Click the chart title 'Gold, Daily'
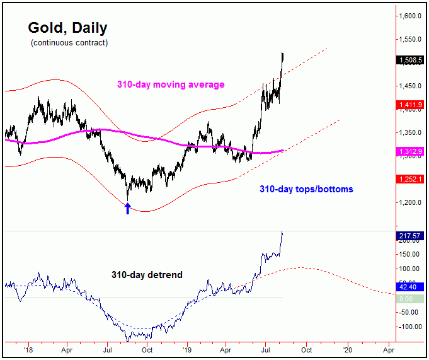pyautogui.click(x=67, y=28)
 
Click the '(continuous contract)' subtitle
pyautogui.click(x=69, y=43)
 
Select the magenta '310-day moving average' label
pyautogui.click(x=171, y=84)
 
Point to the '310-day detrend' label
pyautogui.click(x=147, y=274)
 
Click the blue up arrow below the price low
pyautogui.click(x=128, y=208)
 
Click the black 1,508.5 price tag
pyautogui.click(x=411, y=61)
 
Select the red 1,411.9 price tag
pyautogui.click(x=411, y=106)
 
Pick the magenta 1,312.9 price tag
pyautogui.click(x=411, y=151)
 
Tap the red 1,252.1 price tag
pyautogui.click(x=411, y=180)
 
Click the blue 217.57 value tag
pyautogui.click(x=411, y=236)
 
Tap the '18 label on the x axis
pyautogui.click(x=27, y=347)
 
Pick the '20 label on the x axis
pyautogui.click(x=347, y=347)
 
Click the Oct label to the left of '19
pyautogui.click(x=147, y=347)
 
